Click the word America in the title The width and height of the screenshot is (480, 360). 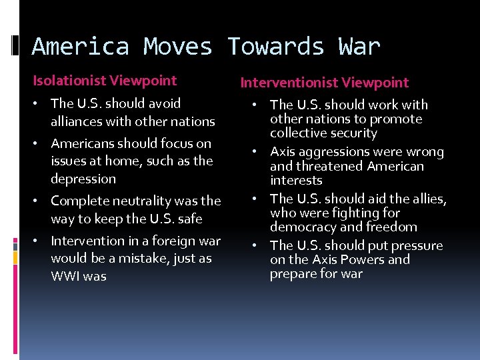[79, 47]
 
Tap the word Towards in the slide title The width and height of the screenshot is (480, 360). [276, 47]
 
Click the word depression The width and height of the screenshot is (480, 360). [83, 179]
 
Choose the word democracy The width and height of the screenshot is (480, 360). [302, 227]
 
